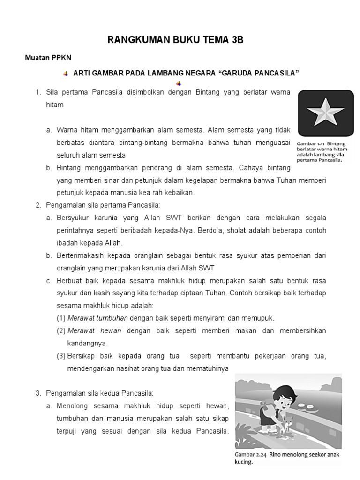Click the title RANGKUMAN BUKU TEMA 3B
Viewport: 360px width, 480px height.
coord(175,40)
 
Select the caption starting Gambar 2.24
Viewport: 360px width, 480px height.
coord(287,458)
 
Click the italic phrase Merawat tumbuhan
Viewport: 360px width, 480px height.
coord(98,318)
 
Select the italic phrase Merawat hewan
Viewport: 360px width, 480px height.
coord(94,330)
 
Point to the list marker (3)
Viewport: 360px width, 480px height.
coord(61,356)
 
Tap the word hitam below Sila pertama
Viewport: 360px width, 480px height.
coord(54,105)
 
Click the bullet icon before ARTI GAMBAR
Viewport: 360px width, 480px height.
coord(66,74)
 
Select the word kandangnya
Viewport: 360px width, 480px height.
coord(88,343)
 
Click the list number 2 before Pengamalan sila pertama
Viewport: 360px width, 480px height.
coord(38,205)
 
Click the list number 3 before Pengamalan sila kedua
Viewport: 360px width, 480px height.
coord(38,393)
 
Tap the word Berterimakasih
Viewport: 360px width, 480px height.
coord(82,255)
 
